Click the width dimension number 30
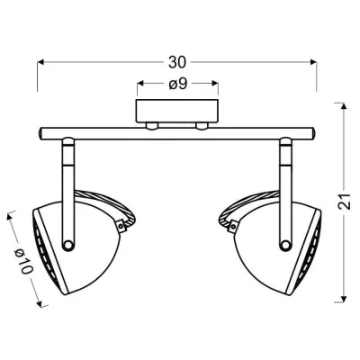[177, 62]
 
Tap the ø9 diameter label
[177, 85]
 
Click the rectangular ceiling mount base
[177, 112]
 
